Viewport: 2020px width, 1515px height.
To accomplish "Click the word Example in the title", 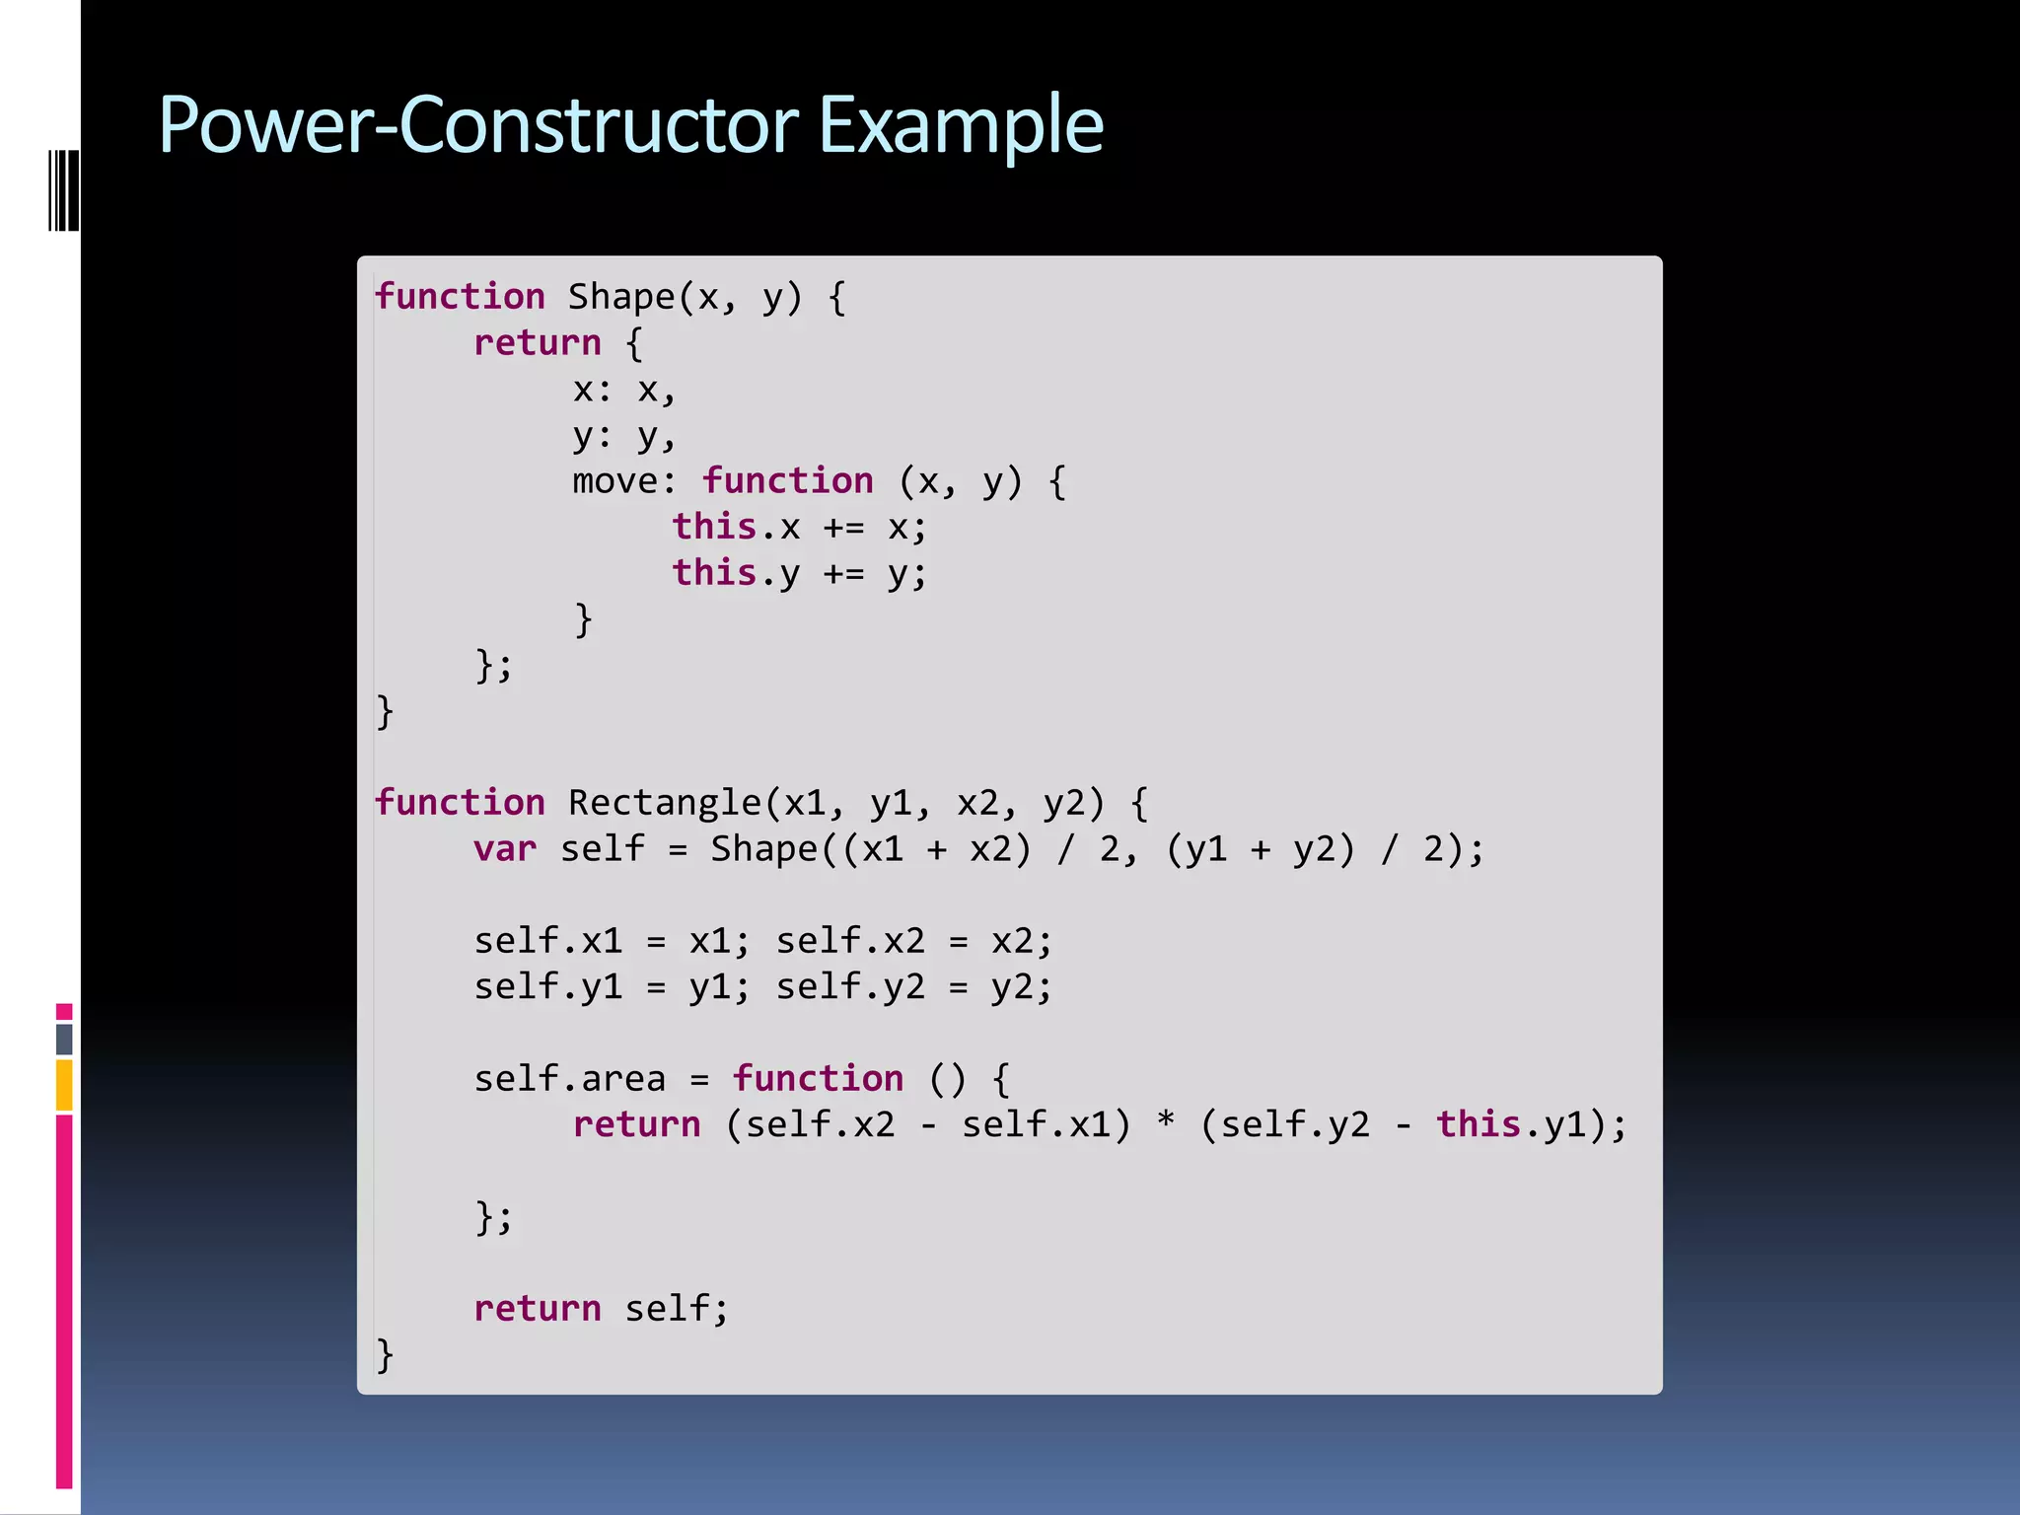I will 961,126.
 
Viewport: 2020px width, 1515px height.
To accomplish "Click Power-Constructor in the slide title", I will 478,126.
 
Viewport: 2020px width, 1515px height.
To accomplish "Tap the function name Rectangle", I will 666,803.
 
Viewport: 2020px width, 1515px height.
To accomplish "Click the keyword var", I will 505,849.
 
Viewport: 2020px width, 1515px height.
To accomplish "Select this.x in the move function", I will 736,528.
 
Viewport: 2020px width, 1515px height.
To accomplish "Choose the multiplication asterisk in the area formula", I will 1166,1122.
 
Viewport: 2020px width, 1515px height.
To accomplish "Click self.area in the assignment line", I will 570,1079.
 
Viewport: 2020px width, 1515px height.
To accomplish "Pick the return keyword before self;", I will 538,1309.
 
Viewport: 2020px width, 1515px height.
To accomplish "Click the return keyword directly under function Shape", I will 538,343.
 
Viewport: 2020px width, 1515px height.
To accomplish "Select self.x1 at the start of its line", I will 548,941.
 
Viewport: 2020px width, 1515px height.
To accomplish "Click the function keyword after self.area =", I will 818,1079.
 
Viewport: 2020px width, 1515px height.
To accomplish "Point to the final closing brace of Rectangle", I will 385,1355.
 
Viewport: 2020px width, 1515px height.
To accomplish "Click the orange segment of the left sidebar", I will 64,1085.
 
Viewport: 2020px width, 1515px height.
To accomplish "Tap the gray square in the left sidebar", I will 64,1039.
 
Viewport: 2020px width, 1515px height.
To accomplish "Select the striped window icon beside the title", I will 63,190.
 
